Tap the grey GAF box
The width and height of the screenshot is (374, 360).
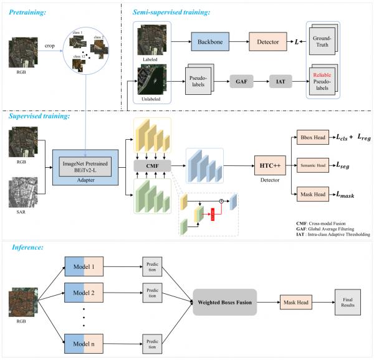242,81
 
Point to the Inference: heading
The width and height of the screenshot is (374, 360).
31,247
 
